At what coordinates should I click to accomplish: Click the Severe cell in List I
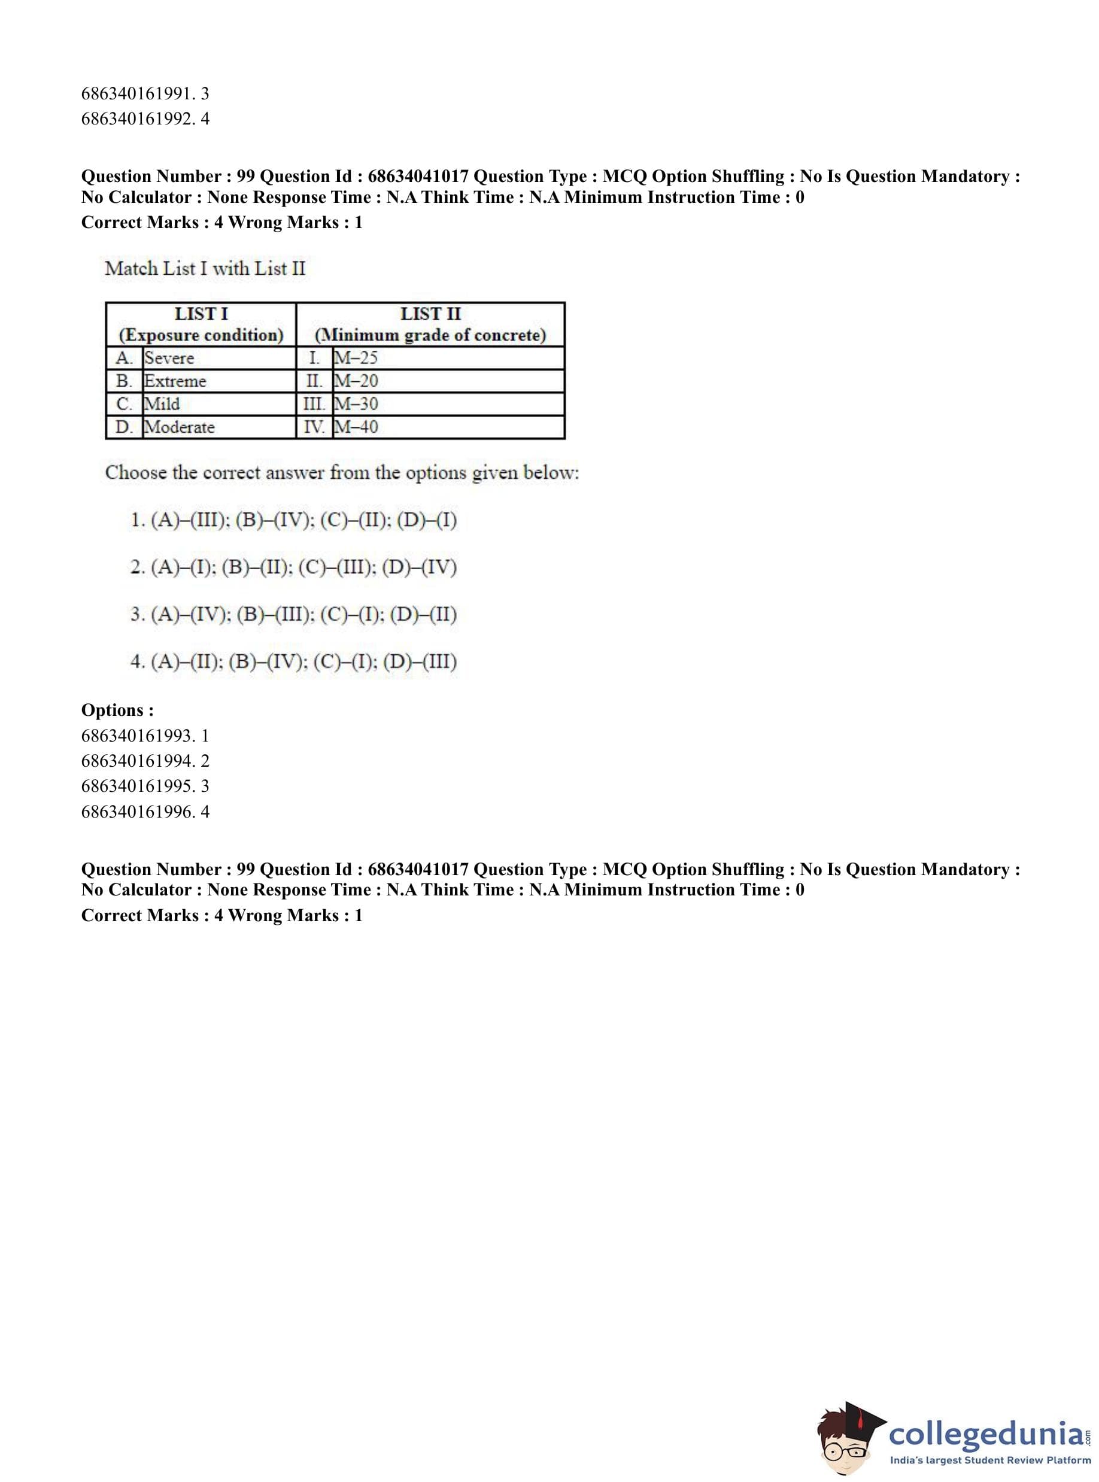pos(169,358)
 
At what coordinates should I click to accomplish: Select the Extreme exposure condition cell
pos(175,381)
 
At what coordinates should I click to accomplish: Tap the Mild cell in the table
pos(162,404)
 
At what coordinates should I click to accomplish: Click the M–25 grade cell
pos(356,358)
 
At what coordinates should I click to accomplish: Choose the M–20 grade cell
pos(356,381)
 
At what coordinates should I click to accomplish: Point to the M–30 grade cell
pos(356,404)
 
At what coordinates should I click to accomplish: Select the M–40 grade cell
pos(356,427)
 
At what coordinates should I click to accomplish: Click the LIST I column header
pos(201,324)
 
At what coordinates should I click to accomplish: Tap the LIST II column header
pos(430,324)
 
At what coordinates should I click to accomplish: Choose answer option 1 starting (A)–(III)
pos(293,520)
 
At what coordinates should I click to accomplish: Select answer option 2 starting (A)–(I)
pos(293,567)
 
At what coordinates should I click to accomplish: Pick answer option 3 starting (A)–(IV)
pos(293,614)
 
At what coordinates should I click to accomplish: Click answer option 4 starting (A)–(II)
pos(293,661)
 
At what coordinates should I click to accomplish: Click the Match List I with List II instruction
pos(205,269)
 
